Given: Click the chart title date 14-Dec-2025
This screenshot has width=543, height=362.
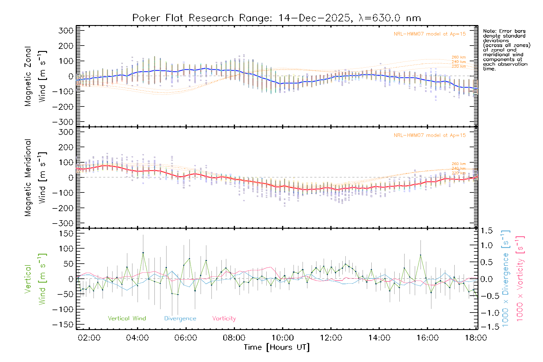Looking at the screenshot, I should (314, 18).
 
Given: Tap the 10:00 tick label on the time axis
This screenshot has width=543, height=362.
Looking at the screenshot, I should (283, 338).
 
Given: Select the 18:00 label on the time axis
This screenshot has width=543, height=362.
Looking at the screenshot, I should (476, 338).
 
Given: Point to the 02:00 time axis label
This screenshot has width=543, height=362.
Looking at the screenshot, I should (89, 338).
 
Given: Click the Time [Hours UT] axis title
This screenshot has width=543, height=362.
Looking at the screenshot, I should (277, 348).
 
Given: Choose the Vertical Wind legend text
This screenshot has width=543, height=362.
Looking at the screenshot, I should (127, 319).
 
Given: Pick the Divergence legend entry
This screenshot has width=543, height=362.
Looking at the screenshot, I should (180, 319).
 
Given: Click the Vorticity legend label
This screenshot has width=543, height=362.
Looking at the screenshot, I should (224, 319).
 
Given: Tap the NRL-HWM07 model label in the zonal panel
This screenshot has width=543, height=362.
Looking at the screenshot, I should (430, 34).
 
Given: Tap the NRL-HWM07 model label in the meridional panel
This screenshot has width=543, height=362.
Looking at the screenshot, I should (430, 135).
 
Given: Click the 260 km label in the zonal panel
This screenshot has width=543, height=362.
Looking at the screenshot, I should (459, 57).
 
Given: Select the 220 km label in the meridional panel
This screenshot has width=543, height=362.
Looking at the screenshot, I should (459, 173).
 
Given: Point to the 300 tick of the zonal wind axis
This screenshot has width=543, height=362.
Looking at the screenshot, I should (66, 30).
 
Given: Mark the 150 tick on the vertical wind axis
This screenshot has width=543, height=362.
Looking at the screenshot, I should (66, 233).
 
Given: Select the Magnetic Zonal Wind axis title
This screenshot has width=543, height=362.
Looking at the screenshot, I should (36, 76).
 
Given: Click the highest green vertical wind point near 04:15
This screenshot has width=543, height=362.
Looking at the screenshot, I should (143, 253).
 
